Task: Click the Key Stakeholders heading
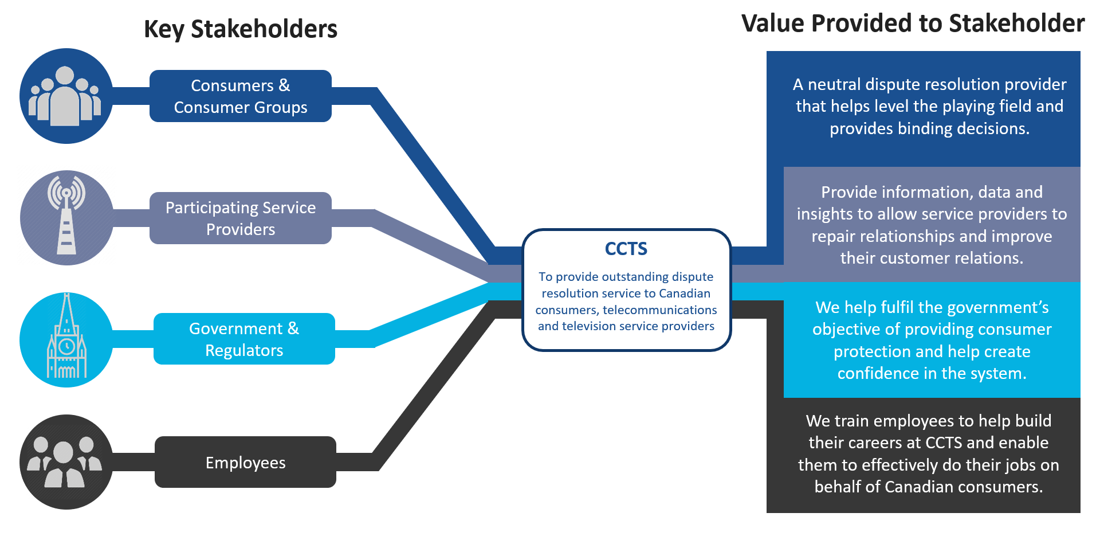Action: [240, 29]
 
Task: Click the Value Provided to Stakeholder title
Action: [912, 24]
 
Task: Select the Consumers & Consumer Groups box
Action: [240, 96]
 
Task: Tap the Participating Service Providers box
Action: [240, 218]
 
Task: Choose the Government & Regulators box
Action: [244, 339]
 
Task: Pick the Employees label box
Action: [245, 463]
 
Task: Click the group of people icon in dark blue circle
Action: [65, 96]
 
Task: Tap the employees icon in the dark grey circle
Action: [65, 463]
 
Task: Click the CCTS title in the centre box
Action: [626, 249]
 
